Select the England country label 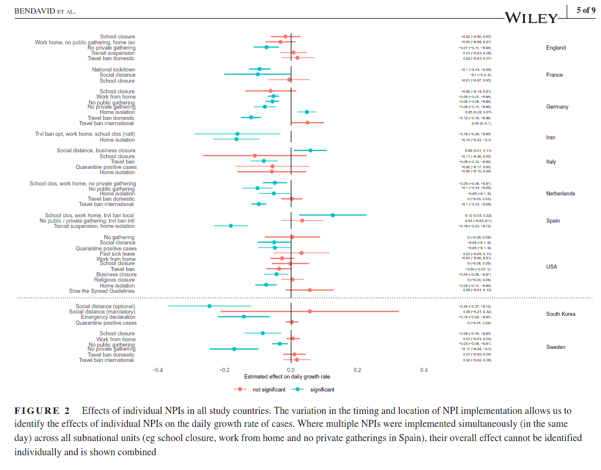pos(556,48)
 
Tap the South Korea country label pos(560,314)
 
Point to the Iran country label pos(551,138)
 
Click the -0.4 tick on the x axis pos(157,370)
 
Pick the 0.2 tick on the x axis pos(357,370)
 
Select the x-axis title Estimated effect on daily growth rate pos(287,377)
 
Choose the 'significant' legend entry pos(322,390)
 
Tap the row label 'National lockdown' pos(113,70)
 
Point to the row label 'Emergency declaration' pos(108,317)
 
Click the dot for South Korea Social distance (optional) pos(209,306)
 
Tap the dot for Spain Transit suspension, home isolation pos(231,226)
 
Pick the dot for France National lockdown pos(259,69)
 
